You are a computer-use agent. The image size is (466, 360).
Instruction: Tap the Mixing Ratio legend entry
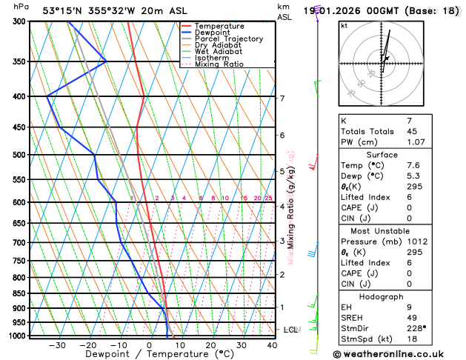click(x=219, y=64)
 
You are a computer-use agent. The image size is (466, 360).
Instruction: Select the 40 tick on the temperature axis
click(x=272, y=345)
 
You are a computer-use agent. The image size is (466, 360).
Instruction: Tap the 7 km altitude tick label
click(x=282, y=98)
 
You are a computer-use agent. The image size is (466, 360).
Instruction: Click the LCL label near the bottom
click(x=290, y=330)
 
